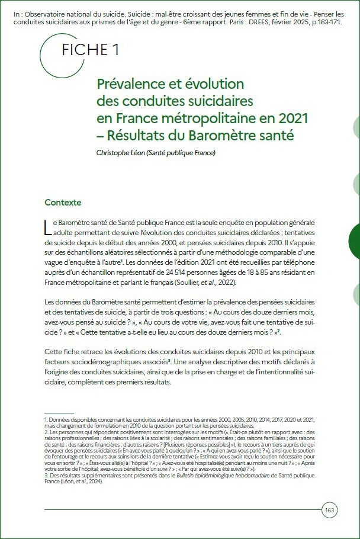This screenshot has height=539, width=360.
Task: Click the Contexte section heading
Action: pos(63,203)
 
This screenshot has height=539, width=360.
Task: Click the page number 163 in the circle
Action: pos(330,509)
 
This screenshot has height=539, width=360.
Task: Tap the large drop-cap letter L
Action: pos(48,229)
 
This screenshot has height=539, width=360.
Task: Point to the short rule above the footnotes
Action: pos(59,412)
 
